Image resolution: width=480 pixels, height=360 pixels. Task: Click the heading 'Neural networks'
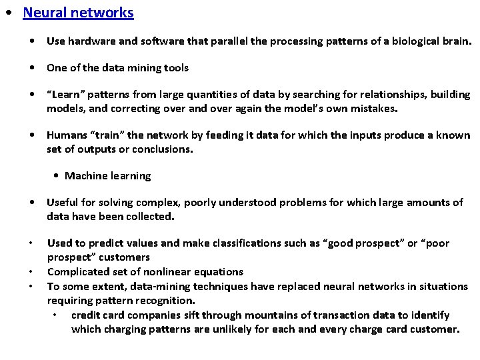(x=78, y=13)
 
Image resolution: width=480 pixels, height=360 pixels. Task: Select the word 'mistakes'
(x=373, y=108)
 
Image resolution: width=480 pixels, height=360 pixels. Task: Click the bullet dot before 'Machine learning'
(x=57, y=176)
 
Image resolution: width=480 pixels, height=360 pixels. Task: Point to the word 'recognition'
(x=166, y=301)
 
